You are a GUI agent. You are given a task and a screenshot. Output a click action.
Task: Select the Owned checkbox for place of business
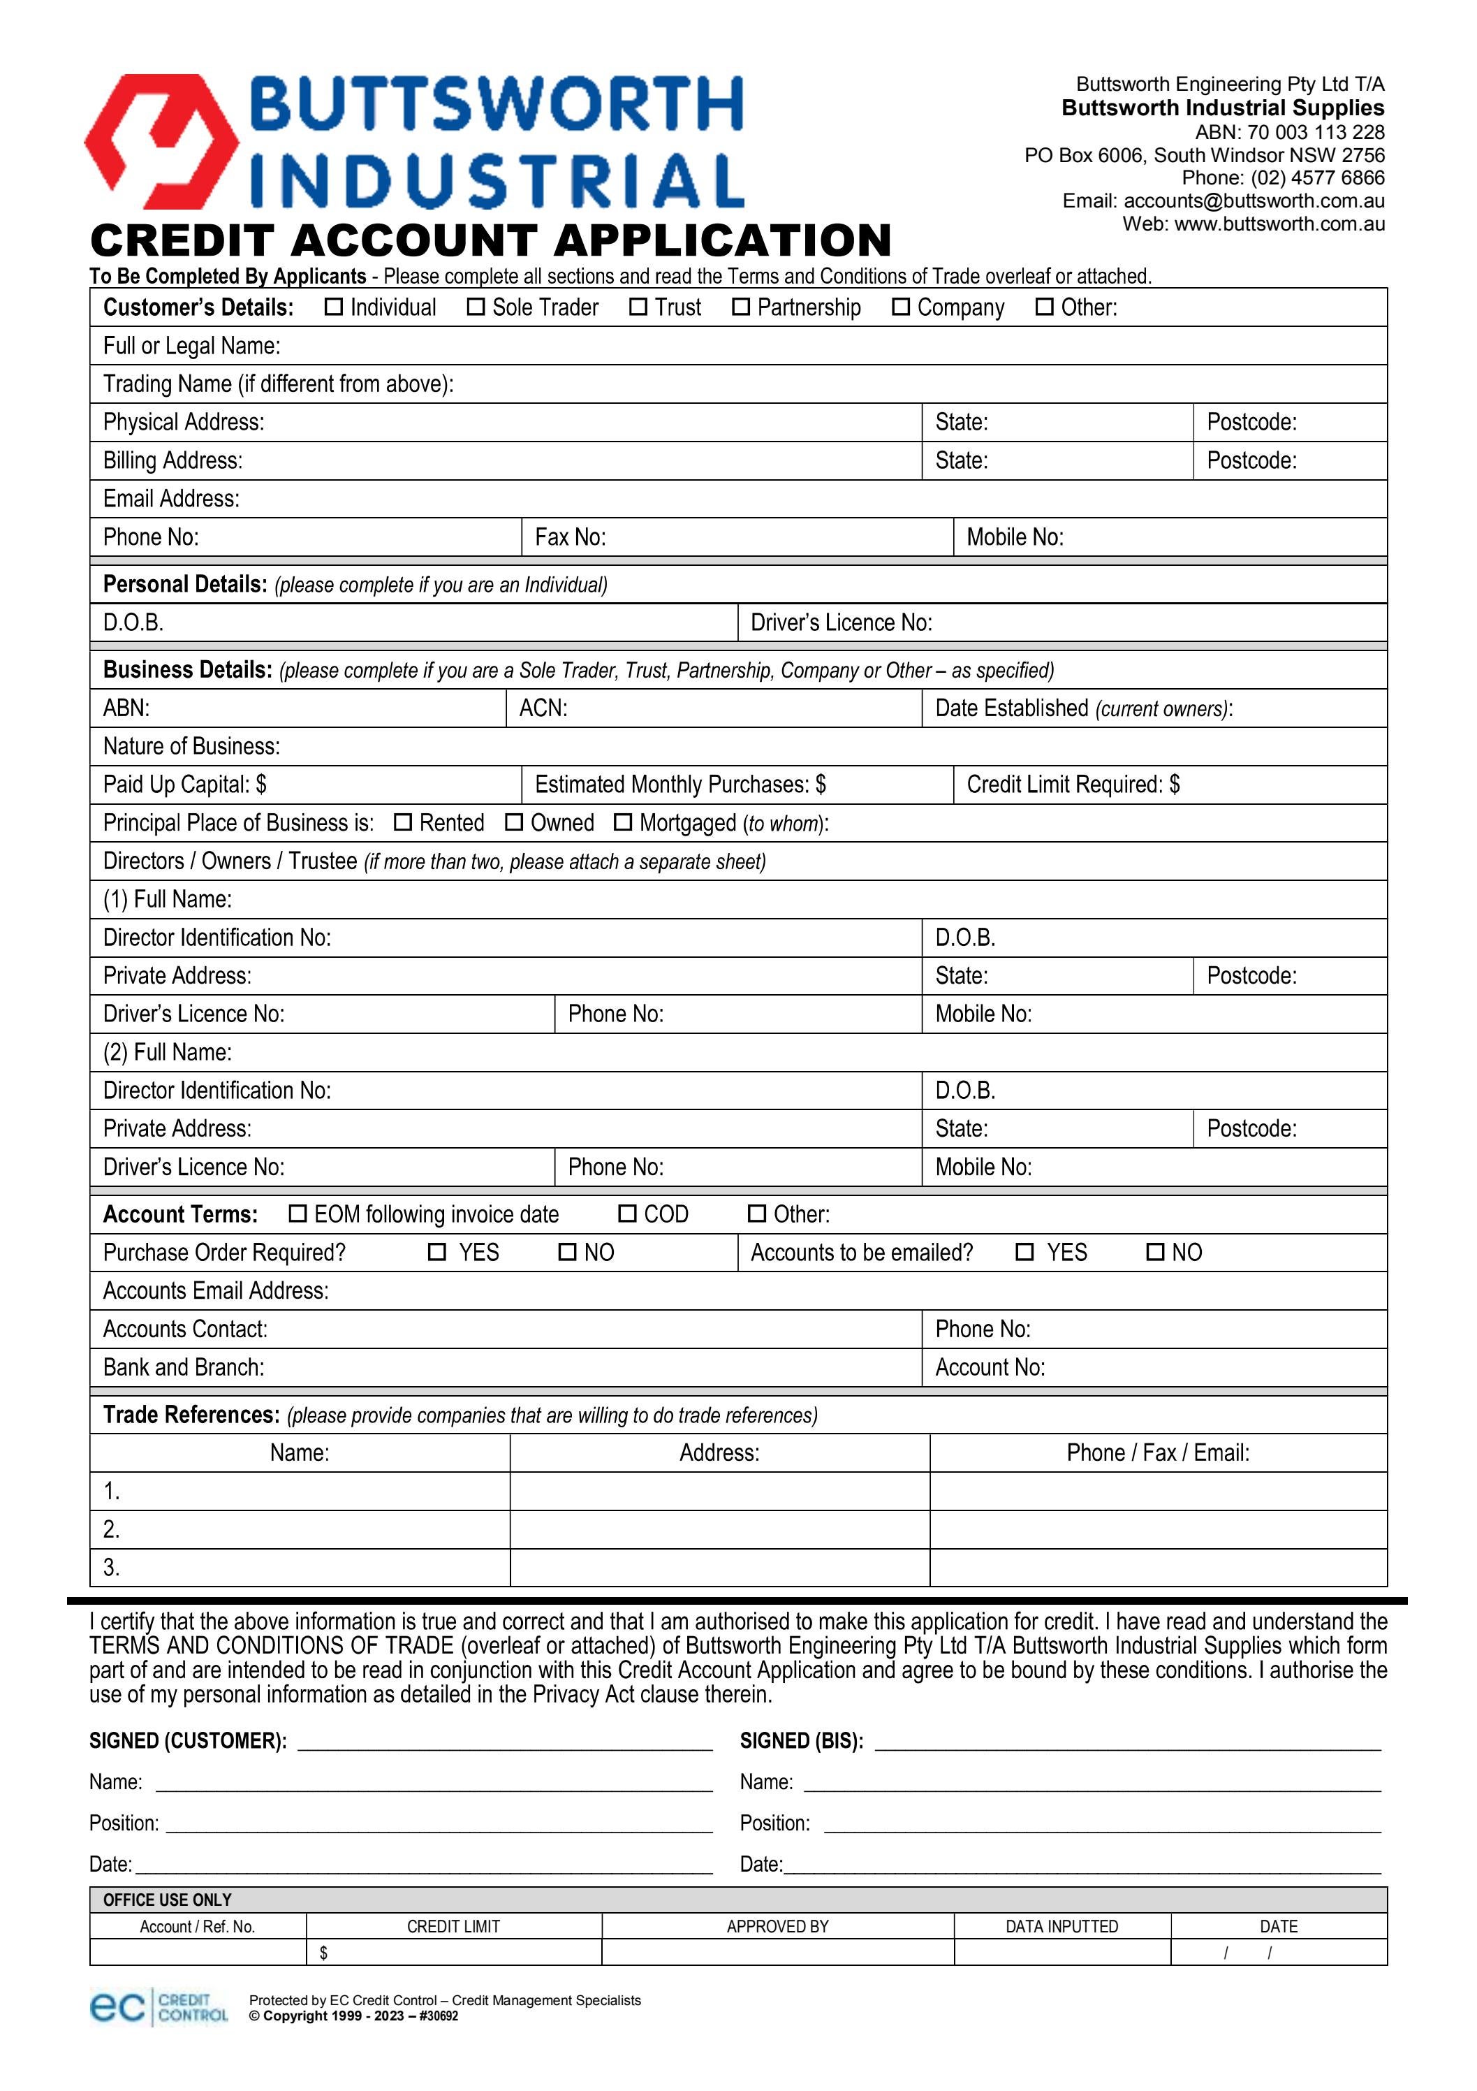[515, 822]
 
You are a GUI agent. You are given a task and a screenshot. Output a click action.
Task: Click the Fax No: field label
[570, 537]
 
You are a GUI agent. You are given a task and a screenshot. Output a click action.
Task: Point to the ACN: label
[543, 708]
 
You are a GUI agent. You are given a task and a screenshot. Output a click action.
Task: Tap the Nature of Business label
[191, 747]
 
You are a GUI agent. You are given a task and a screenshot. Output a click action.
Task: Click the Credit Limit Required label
[1073, 785]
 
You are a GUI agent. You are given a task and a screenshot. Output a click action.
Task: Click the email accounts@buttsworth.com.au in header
[1254, 201]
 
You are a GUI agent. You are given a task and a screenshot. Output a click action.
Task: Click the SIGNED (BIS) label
[801, 1741]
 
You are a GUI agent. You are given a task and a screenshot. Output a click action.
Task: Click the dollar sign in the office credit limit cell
[323, 1953]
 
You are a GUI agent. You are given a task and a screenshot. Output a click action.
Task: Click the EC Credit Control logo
[159, 2007]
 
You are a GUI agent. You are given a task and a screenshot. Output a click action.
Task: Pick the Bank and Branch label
[183, 1368]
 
